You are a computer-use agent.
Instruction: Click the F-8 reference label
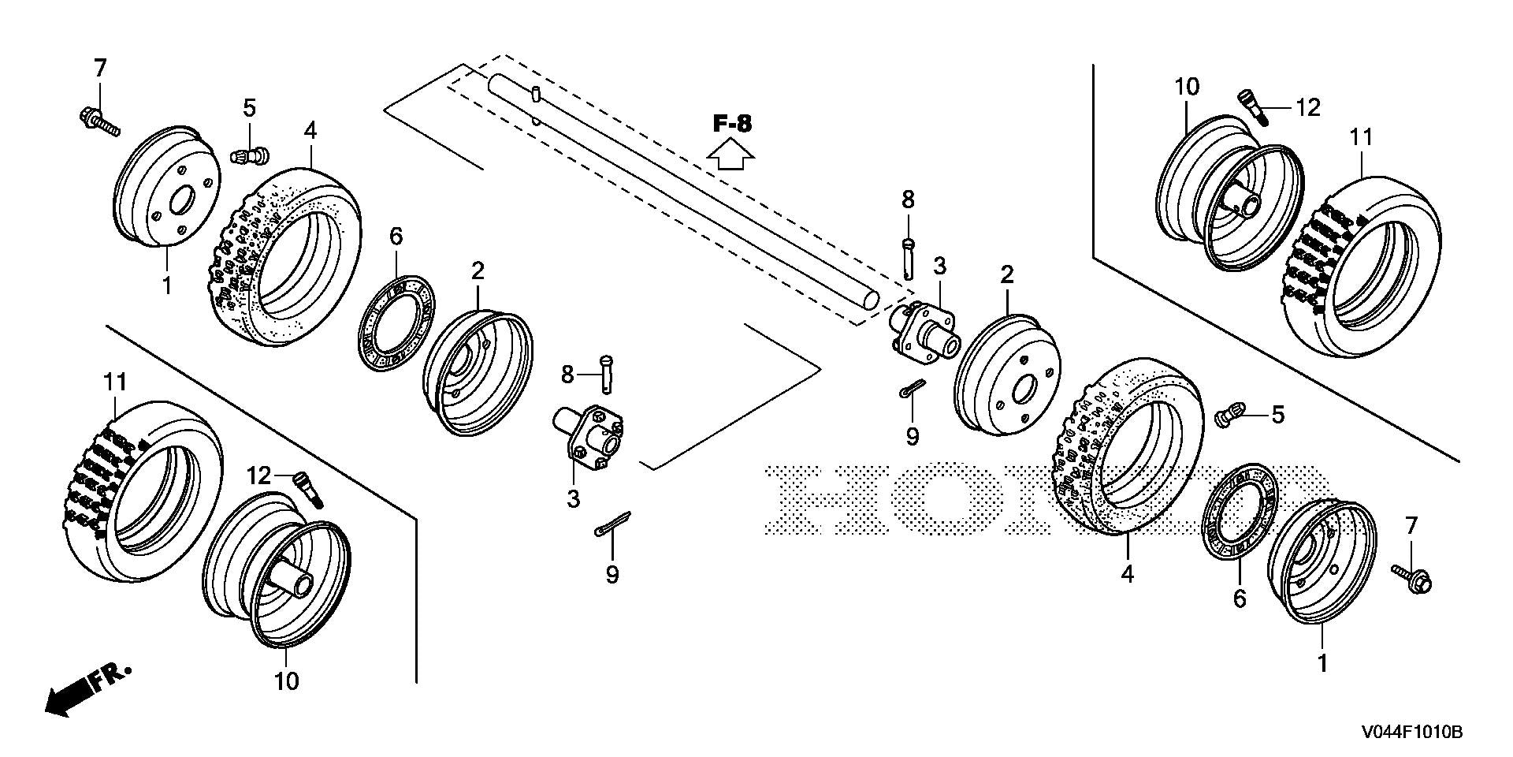tap(733, 123)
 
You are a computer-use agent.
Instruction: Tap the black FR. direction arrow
tap(87, 688)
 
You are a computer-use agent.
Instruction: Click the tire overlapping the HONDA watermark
tap(1127, 446)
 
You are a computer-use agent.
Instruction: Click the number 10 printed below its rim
tap(287, 681)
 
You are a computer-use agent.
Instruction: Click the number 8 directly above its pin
tap(908, 200)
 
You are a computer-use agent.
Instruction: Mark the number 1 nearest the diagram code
tap(1322, 663)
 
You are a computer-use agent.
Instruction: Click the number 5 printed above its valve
tap(249, 108)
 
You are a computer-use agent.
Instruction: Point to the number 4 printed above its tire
tap(310, 131)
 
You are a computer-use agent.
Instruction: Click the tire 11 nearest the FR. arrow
tap(143, 491)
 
